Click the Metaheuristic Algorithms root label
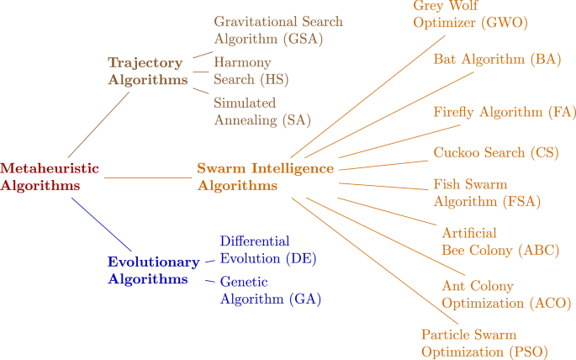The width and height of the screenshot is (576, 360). (49, 177)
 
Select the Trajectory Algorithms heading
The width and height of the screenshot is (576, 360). (147, 71)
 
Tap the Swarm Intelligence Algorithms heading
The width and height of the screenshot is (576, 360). (265, 177)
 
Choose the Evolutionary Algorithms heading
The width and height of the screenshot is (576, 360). (153, 270)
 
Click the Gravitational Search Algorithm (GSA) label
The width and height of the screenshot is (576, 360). (278, 29)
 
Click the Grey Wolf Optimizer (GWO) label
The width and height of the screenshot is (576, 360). (470, 14)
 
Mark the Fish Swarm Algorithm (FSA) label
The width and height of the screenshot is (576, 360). (486, 193)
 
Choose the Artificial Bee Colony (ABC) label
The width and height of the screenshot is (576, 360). (499, 241)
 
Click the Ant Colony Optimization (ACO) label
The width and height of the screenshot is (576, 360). (506, 294)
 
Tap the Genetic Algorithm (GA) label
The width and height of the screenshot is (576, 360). (270, 290)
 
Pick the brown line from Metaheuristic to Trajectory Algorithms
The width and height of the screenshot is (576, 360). (99, 123)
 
